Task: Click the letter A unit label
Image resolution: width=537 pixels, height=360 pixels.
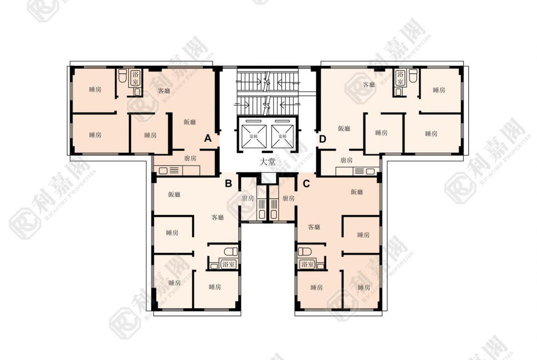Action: [x=207, y=138]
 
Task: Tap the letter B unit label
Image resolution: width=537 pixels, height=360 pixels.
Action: [x=228, y=184]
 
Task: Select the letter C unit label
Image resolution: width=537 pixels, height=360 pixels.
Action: [x=307, y=184]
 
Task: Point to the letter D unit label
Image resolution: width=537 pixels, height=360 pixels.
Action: [x=323, y=138]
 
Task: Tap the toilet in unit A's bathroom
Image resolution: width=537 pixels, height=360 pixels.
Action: [x=122, y=76]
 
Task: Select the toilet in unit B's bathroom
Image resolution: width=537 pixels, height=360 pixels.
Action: [x=232, y=251]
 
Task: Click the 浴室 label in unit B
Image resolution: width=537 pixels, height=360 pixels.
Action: [x=228, y=264]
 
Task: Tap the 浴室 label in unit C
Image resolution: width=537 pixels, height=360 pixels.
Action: [x=307, y=264]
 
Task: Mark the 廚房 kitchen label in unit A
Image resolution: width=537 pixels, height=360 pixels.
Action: [x=190, y=158]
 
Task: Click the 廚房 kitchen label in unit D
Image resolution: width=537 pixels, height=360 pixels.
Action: [x=347, y=160]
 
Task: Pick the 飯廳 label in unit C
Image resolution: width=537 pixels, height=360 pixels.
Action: [x=357, y=192]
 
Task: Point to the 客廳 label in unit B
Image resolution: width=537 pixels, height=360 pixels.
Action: [x=218, y=217]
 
